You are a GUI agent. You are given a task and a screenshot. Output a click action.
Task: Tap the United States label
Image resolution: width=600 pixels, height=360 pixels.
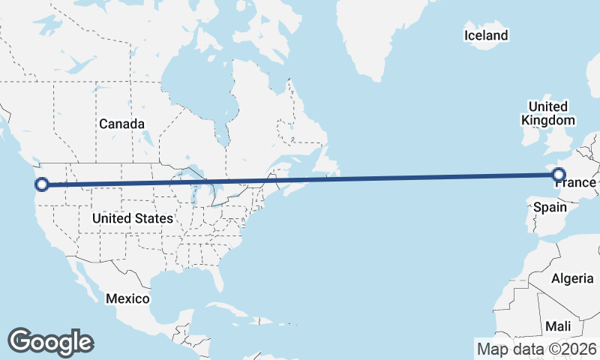[x=132, y=218]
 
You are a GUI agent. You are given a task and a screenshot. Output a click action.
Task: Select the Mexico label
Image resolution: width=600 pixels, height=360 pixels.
[x=127, y=298]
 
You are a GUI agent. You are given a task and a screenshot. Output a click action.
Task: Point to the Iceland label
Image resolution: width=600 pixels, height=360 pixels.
[x=486, y=35]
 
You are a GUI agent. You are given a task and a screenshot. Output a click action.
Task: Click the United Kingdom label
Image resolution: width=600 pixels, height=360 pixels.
[x=548, y=113]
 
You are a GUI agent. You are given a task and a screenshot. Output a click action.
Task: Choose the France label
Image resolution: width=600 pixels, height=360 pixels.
[x=576, y=183]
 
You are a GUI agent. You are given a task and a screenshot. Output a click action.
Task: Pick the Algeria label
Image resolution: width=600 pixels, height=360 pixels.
[x=572, y=278]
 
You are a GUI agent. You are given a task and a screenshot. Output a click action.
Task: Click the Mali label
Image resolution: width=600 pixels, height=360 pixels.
[x=558, y=326]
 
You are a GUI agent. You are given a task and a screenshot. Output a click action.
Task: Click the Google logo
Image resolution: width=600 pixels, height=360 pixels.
[x=50, y=342]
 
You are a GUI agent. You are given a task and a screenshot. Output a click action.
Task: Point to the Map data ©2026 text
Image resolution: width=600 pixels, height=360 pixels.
[x=536, y=349]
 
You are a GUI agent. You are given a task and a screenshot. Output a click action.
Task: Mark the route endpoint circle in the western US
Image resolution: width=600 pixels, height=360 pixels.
[x=42, y=184]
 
